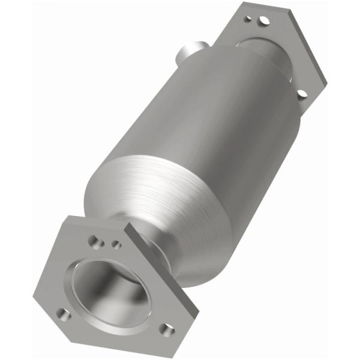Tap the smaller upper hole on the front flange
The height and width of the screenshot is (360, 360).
(x=117, y=245)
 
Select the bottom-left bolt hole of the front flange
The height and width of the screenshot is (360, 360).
(x=63, y=313)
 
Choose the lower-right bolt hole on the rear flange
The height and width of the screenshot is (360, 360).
(x=301, y=93)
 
